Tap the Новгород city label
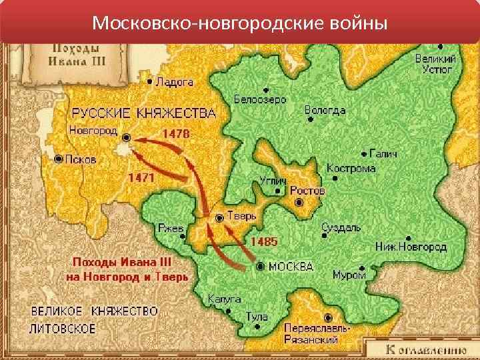pyautogui.click(x=93, y=130)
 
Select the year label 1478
pyautogui.click(x=176, y=133)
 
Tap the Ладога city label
pyautogui.click(x=174, y=83)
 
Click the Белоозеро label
pyautogui.click(x=260, y=99)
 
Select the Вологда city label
pyautogui.click(x=325, y=110)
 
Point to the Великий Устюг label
pyautogui.click(x=436, y=64)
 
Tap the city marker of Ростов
pyautogui.click(x=299, y=201)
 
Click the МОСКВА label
pyautogui.click(x=291, y=267)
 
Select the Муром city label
pyautogui.click(x=349, y=275)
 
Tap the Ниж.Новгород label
pyautogui.click(x=411, y=247)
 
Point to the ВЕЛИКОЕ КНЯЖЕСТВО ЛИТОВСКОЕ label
pyautogui.click(x=94, y=320)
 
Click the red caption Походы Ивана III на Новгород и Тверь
pyautogui.click(x=127, y=269)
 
